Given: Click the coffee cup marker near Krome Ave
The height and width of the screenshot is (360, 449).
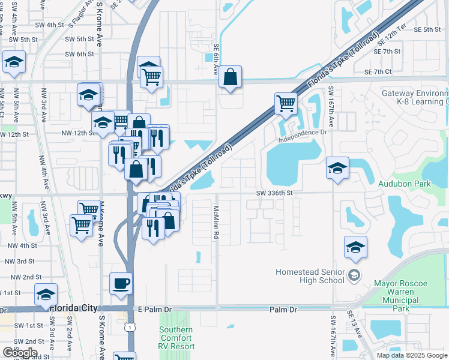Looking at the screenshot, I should (x=121, y=284).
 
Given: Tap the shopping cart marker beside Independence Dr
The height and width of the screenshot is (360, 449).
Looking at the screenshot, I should (x=286, y=103).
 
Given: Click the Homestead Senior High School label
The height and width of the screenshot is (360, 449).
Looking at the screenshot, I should (x=310, y=276).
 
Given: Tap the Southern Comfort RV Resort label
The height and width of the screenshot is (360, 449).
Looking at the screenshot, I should (x=176, y=338).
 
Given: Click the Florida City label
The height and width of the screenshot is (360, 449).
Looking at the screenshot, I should (x=74, y=308).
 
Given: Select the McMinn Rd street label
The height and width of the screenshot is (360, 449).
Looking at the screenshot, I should (x=215, y=222).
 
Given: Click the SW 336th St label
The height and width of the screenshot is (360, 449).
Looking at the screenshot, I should (x=274, y=193).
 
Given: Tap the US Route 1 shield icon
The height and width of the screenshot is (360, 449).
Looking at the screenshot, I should (x=130, y=327).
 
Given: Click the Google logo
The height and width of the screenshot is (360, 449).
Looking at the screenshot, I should (x=20, y=353).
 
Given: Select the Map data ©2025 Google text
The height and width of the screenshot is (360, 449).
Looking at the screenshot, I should (x=411, y=355).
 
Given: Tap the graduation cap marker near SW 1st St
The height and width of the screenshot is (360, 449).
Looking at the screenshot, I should (x=46, y=295).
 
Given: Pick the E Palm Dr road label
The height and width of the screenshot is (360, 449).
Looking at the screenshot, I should (x=154, y=310).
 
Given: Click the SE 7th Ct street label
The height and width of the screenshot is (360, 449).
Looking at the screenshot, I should (x=378, y=72).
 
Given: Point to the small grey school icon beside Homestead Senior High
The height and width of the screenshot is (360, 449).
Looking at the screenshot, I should (x=354, y=275).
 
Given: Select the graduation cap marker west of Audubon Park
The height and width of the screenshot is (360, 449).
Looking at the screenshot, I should (x=337, y=168).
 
